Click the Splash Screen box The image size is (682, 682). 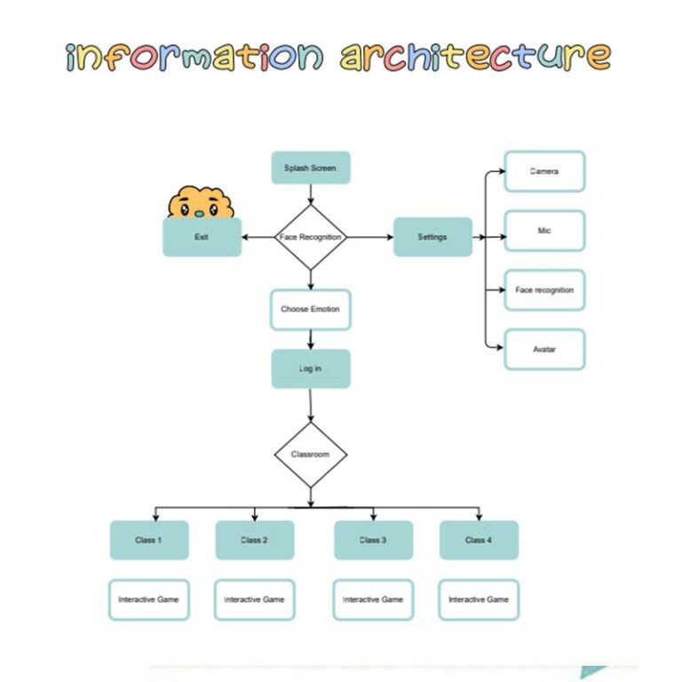(310, 168)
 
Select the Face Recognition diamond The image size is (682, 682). (310, 237)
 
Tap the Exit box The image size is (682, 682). (202, 237)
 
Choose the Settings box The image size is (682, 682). (432, 237)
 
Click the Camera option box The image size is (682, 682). (544, 171)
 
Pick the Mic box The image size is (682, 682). (544, 231)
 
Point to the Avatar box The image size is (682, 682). (544, 349)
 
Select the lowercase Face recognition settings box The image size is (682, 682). (544, 290)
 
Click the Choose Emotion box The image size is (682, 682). (310, 309)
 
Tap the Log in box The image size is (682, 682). (310, 369)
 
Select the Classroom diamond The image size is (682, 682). (310, 455)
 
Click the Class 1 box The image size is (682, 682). (149, 540)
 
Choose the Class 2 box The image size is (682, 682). (254, 540)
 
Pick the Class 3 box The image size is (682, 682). (373, 540)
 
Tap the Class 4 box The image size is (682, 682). (479, 540)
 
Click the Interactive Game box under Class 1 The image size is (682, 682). (149, 599)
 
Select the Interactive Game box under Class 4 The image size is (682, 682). (479, 599)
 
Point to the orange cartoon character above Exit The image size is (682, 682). (201, 203)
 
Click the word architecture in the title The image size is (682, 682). (476, 56)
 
